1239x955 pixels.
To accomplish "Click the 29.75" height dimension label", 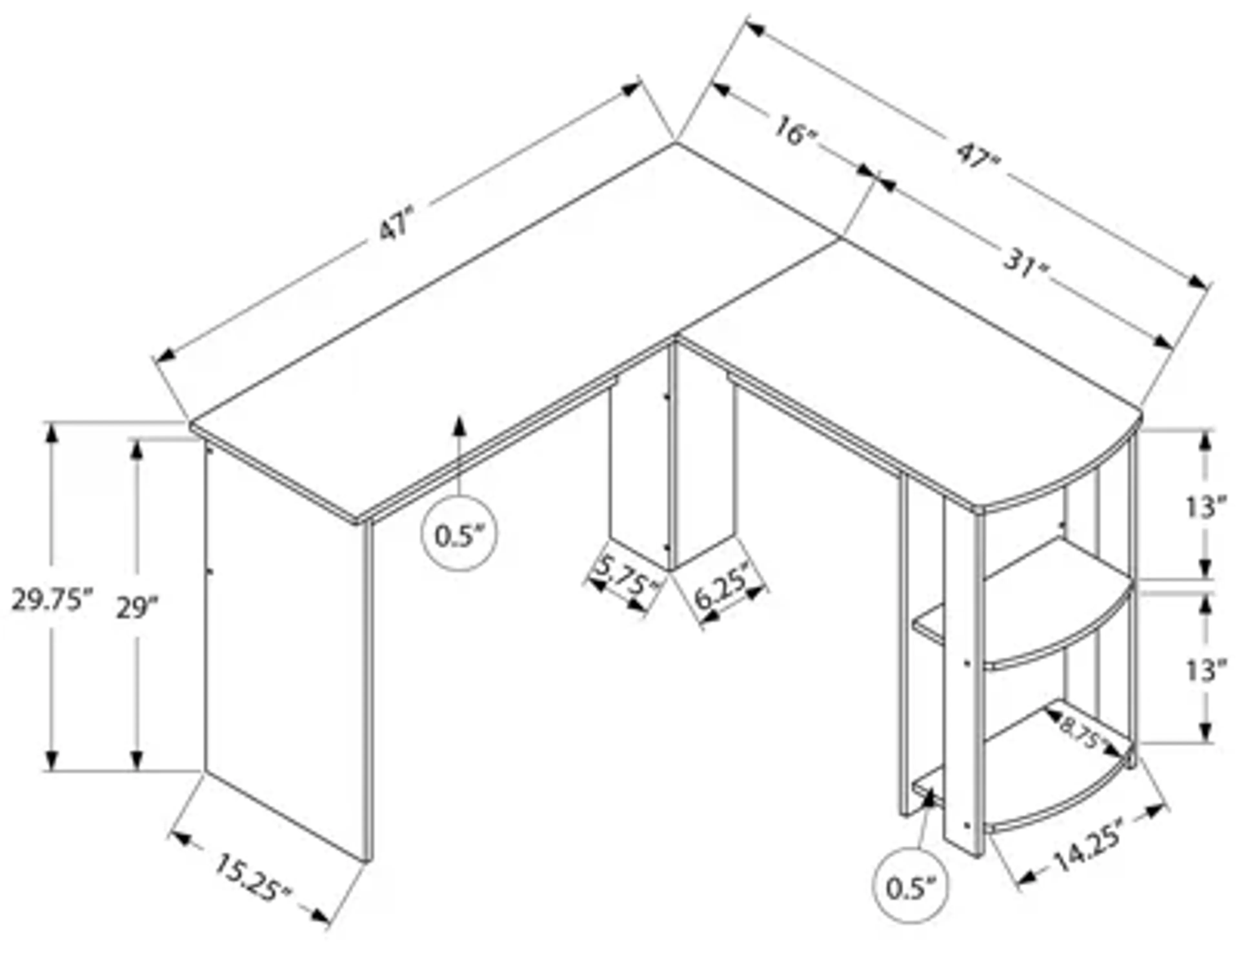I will tap(51, 600).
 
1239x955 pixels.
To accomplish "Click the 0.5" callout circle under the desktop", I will tap(459, 535).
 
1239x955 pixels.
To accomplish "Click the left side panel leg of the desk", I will tap(284, 653).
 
